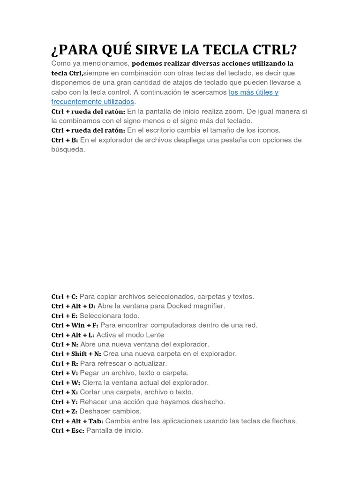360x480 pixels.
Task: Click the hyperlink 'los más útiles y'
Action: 254,92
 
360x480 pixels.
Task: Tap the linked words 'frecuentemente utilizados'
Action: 93,102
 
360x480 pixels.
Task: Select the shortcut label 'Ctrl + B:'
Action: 65,140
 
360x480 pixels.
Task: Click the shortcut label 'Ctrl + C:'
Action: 64,297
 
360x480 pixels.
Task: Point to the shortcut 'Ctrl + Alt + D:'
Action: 73,306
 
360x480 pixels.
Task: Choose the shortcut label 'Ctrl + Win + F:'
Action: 75,325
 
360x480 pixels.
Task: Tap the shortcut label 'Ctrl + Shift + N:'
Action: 76,354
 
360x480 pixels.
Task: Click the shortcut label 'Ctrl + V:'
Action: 65,373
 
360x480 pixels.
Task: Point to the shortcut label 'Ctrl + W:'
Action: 65,382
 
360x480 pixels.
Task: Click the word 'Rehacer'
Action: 93,402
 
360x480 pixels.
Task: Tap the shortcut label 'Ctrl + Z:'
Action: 64,411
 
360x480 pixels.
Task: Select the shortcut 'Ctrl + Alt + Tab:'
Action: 77,421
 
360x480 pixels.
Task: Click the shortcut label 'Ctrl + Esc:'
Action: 68,430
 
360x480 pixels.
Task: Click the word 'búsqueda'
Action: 68,150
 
